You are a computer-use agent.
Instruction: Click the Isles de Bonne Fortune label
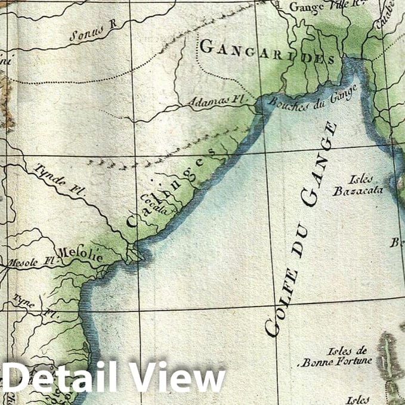coord(338,356)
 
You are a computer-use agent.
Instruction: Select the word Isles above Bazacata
coord(362,179)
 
